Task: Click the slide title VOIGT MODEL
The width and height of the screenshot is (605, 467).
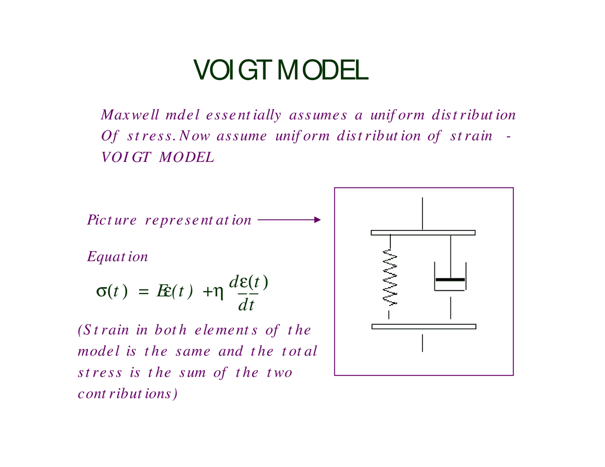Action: pyautogui.click(x=280, y=71)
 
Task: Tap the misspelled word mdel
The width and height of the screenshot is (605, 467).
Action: pyautogui.click(x=182, y=115)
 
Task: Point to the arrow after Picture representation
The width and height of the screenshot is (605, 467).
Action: pyautogui.click(x=289, y=220)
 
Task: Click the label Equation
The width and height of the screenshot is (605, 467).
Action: pyautogui.click(x=118, y=257)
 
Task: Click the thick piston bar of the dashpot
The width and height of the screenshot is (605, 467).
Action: pyautogui.click(x=450, y=280)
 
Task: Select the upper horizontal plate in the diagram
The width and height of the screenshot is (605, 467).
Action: pyautogui.click(x=423, y=232)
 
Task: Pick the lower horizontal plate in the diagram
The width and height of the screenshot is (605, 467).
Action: pyautogui.click(x=423, y=326)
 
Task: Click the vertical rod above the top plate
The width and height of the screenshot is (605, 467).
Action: pyautogui.click(x=422, y=213)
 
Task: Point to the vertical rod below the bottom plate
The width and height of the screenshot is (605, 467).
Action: pyautogui.click(x=422, y=343)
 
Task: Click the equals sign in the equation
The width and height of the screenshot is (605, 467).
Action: pyautogui.click(x=143, y=292)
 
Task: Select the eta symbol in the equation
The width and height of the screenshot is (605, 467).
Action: pyautogui.click(x=218, y=293)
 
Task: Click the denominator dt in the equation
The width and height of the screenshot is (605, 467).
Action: pyautogui.click(x=246, y=306)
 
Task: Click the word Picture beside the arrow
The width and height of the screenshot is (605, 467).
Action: pyautogui.click(x=112, y=220)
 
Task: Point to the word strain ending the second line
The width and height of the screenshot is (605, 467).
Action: pyautogui.click(x=471, y=136)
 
